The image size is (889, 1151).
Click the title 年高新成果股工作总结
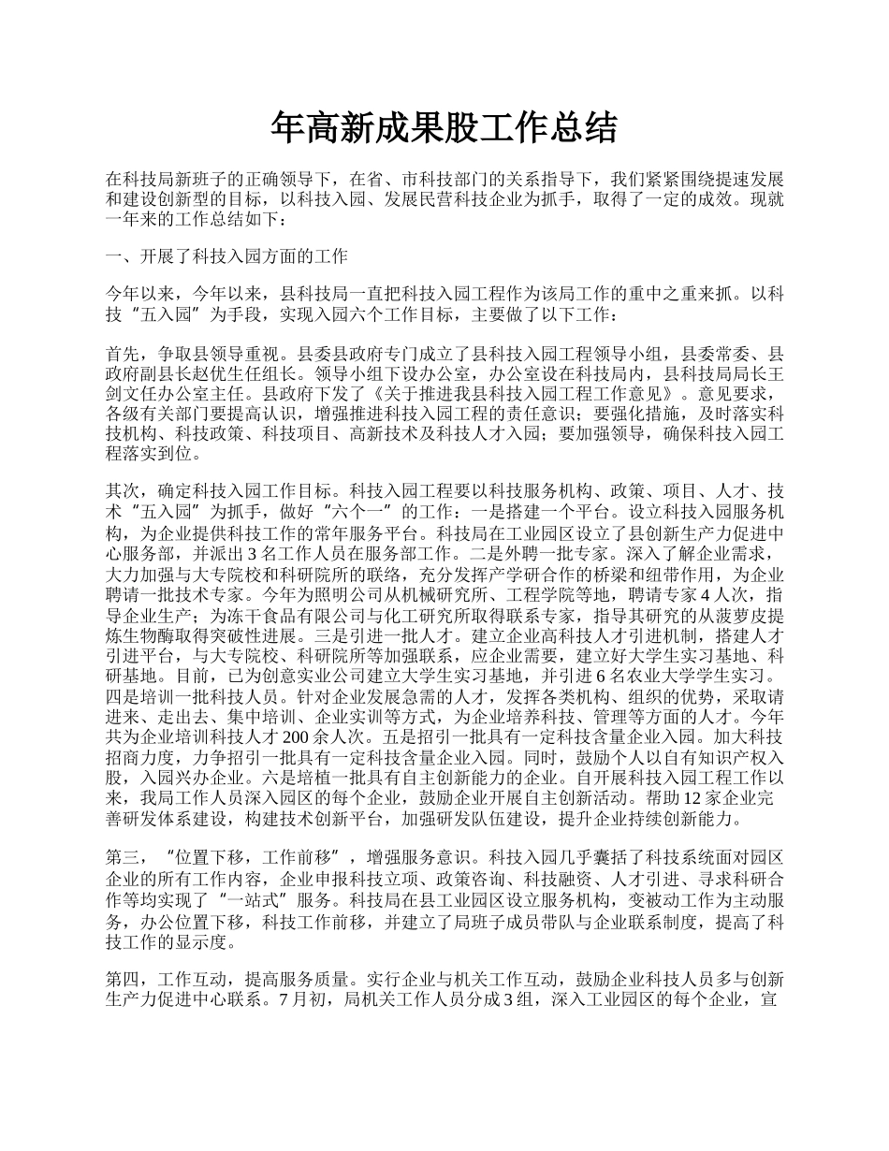(444, 128)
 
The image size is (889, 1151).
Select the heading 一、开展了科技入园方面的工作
(226, 256)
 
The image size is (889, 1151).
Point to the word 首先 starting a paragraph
(124, 355)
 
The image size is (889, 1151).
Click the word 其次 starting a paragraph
(124, 489)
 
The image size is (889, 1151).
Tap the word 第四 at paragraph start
(124, 979)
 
